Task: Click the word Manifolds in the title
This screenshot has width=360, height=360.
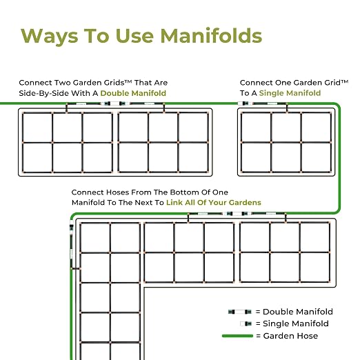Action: [211, 36]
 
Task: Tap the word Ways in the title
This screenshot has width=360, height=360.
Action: [50, 37]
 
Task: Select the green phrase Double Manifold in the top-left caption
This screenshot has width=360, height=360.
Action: [133, 93]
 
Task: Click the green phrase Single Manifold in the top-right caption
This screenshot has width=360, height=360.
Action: [290, 93]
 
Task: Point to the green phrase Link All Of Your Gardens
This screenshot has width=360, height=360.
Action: [214, 202]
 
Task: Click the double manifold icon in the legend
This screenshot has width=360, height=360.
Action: [240, 312]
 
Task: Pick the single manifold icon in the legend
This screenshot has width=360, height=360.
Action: [246, 323]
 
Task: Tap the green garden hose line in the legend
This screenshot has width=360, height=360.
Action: [237, 336]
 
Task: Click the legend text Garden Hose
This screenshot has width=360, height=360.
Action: [290, 336]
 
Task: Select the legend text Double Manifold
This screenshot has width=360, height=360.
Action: [298, 312]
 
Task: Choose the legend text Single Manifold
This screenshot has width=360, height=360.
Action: [296, 323]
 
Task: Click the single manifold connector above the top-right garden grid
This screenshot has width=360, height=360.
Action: [262, 103]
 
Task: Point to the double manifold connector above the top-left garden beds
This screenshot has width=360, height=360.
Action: [115, 103]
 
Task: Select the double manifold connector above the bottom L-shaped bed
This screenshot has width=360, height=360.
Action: [237, 214]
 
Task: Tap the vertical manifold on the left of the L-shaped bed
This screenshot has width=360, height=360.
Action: [72, 244]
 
